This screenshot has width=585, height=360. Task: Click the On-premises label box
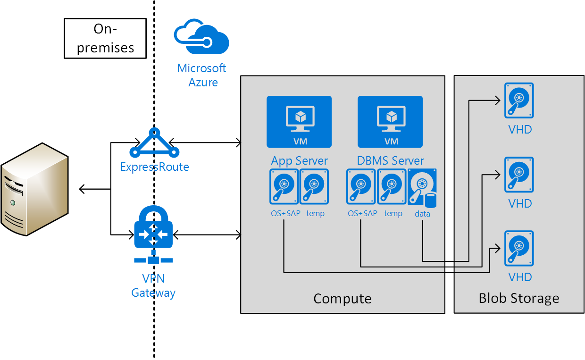click(105, 38)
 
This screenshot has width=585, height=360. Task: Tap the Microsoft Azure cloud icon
click(201, 37)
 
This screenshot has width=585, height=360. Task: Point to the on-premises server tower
click(34, 189)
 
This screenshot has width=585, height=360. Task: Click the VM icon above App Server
click(299, 122)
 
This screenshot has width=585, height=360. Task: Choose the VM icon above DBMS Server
click(390, 122)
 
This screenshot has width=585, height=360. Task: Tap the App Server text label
click(299, 160)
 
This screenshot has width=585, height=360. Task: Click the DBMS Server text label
click(390, 160)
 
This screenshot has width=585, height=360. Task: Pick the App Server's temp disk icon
click(315, 187)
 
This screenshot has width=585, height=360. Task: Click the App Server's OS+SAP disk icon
click(284, 187)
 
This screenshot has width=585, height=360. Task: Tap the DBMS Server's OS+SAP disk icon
click(361, 187)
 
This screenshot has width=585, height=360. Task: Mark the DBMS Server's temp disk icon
click(393, 187)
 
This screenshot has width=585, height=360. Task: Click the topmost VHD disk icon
click(519, 100)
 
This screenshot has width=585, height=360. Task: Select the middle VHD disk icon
click(519, 175)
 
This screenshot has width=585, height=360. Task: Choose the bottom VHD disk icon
click(519, 248)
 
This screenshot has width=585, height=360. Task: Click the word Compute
click(343, 299)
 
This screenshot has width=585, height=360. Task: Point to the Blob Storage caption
click(519, 298)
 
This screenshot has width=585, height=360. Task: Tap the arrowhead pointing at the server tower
click(83, 189)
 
